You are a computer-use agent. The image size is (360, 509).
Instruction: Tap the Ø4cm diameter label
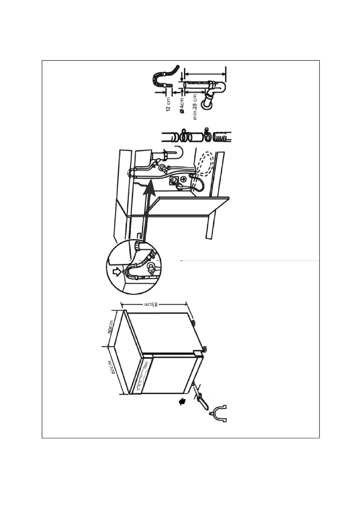pos(182,106)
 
